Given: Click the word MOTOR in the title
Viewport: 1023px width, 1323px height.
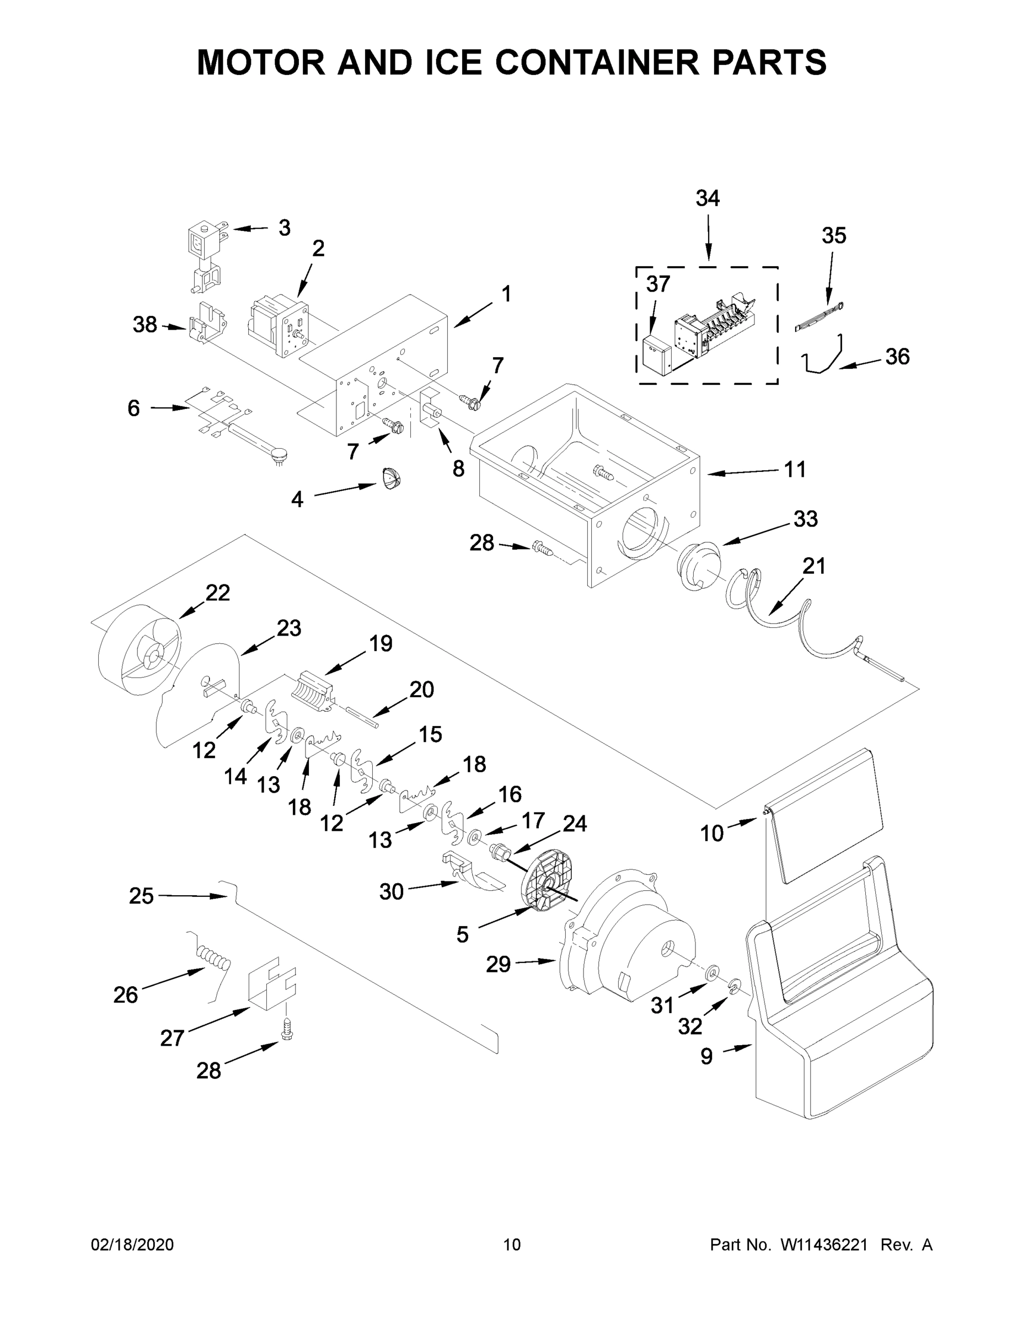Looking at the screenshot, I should pyautogui.click(x=261, y=62).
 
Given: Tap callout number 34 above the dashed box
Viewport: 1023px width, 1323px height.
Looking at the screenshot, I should pyautogui.click(x=707, y=198).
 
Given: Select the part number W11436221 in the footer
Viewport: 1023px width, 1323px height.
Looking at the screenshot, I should pyautogui.click(x=824, y=1245).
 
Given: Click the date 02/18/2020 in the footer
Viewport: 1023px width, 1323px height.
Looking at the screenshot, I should pyautogui.click(x=132, y=1245).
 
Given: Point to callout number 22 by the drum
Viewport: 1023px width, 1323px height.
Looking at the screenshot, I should pyautogui.click(x=218, y=593).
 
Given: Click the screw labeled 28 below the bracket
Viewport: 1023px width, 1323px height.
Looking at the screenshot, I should pyautogui.click(x=287, y=1029).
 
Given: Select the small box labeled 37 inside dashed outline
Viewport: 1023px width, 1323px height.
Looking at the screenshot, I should pyautogui.click(x=656, y=353).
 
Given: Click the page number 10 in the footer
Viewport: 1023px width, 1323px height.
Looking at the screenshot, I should pyautogui.click(x=512, y=1245).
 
